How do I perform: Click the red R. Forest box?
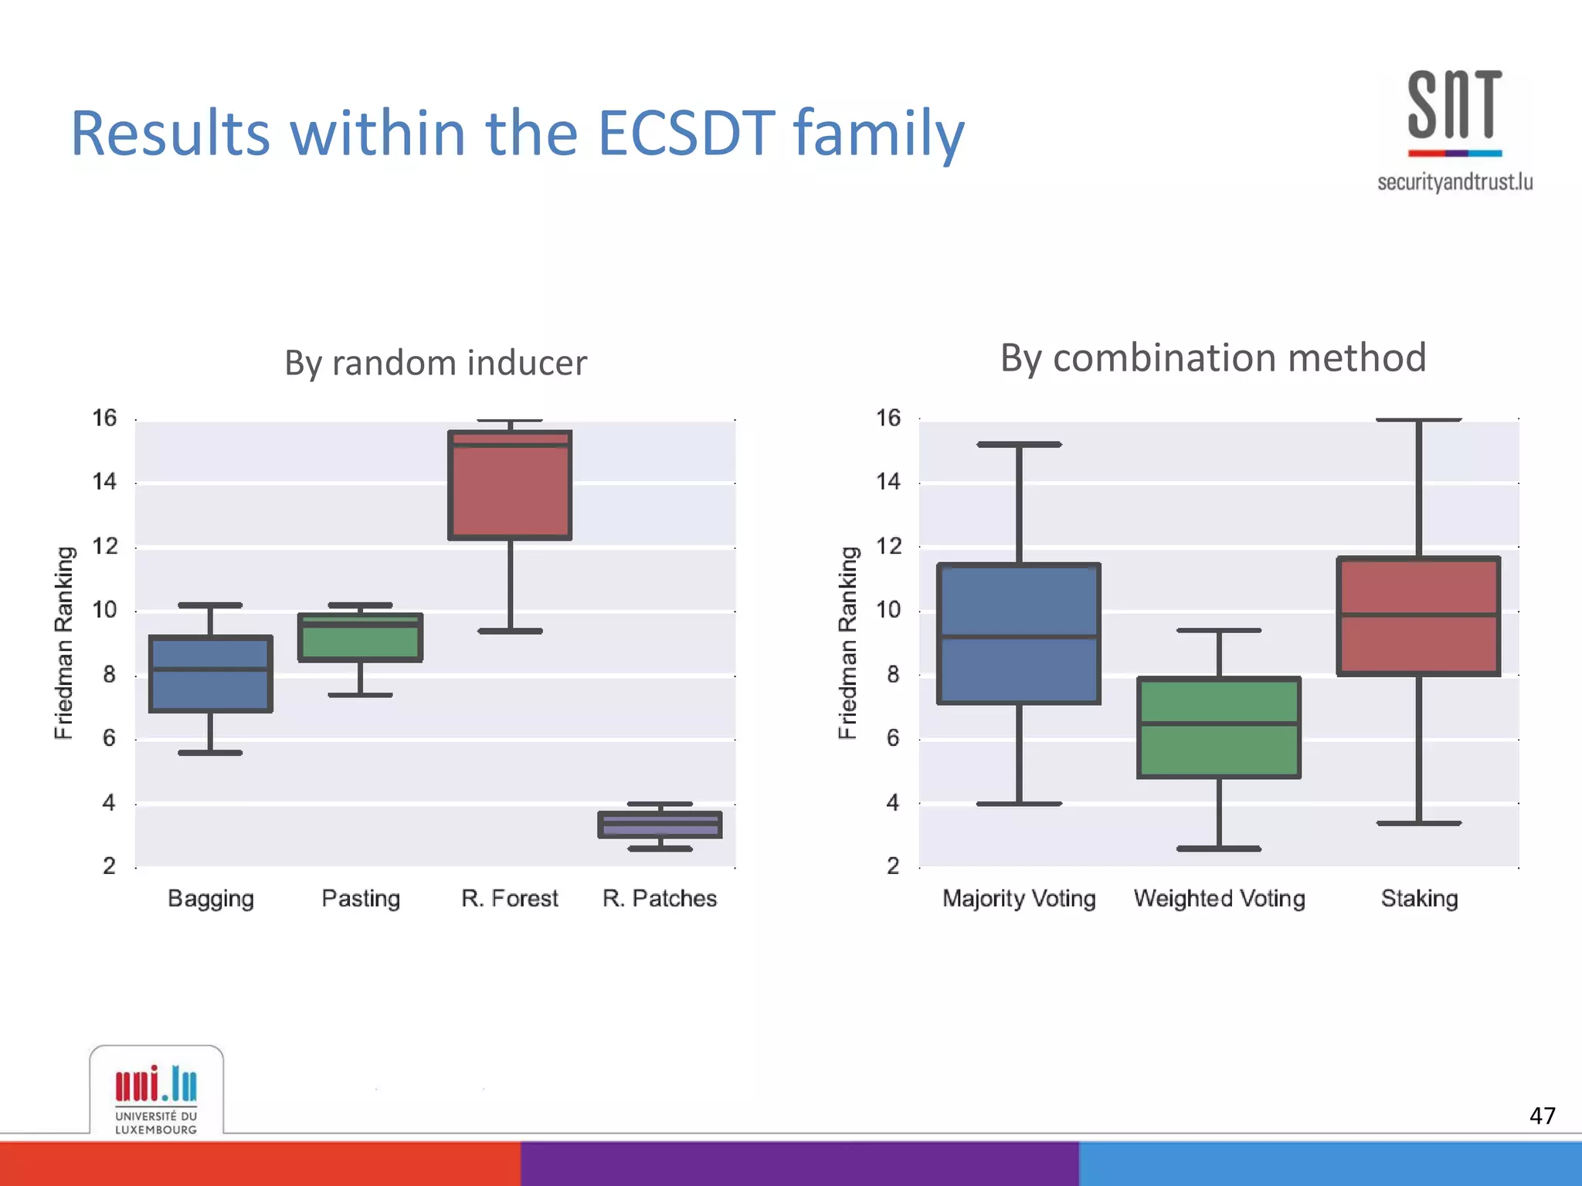tap(510, 485)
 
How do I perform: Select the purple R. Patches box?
tap(660, 825)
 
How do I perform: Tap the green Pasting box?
tap(360, 638)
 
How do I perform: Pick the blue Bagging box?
tap(210, 673)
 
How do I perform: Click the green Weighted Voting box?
tap(1219, 727)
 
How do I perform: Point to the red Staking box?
tap(1418, 616)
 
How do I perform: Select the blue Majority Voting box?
tap(1018, 633)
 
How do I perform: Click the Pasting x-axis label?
tap(360, 899)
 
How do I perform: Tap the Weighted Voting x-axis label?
tap(1219, 899)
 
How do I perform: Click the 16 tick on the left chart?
tap(104, 418)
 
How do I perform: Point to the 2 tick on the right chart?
tap(892, 866)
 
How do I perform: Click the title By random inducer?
tap(436, 363)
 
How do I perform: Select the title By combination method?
tap(1213, 358)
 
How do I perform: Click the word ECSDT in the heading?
tap(686, 133)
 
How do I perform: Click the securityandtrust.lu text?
tap(1455, 182)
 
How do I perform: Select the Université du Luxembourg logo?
tap(156, 1096)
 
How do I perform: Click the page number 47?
tap(1542, 1116)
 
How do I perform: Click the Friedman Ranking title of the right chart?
tap(847, 642)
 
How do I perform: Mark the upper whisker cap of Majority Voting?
tap(1018, 445)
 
